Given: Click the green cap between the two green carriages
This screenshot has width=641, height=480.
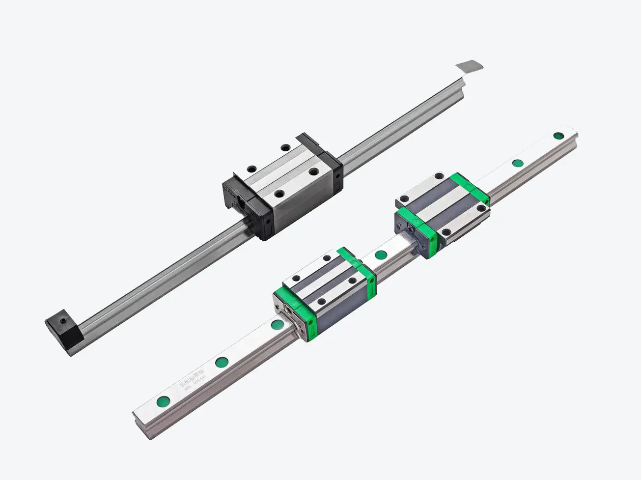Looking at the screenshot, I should (380, 254).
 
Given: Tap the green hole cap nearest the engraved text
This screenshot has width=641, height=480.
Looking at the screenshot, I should (220, 363).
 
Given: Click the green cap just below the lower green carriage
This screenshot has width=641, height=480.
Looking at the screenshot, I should (278, 324).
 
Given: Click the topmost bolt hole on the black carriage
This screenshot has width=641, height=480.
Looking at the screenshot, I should (284, 146).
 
